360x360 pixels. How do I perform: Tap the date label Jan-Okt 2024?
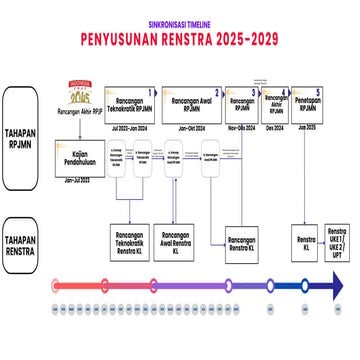click(191, 129)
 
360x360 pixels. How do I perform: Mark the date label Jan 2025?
click(305, 128)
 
